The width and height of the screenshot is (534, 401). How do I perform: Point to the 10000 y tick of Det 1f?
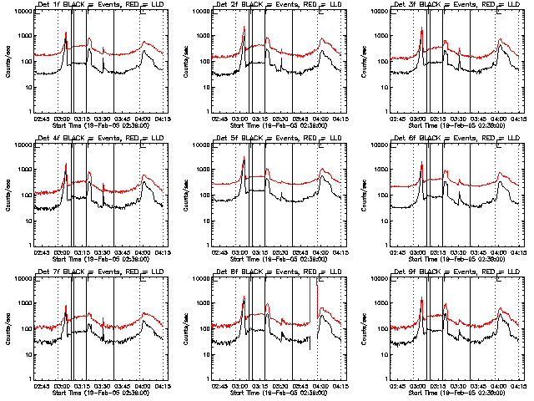22,12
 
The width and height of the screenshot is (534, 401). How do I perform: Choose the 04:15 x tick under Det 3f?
518,118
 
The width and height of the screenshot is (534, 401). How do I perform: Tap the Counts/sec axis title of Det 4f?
8,195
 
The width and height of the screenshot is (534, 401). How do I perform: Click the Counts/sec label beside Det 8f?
186,329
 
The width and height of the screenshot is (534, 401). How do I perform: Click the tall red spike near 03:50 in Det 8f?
317,288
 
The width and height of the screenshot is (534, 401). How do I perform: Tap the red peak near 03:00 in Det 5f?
244,159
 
